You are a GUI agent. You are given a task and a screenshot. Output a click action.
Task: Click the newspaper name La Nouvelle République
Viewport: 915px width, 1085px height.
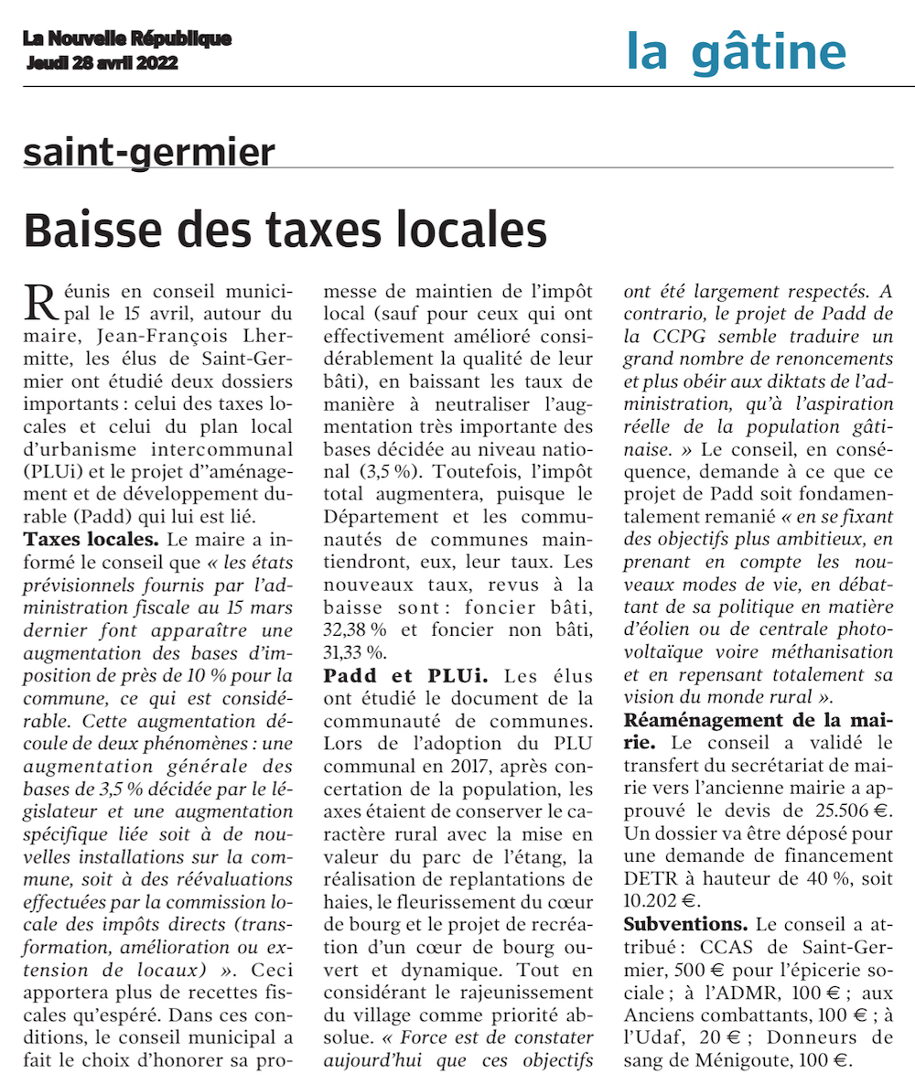[x=127, y=39]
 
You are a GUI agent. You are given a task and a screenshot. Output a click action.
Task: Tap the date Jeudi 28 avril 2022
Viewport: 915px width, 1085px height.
[x=102, y=64]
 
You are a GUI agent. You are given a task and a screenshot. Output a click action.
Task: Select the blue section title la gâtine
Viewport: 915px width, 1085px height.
[x=737, y=51]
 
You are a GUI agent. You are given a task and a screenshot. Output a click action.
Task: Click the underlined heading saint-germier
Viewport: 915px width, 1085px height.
[x=149, y=152]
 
